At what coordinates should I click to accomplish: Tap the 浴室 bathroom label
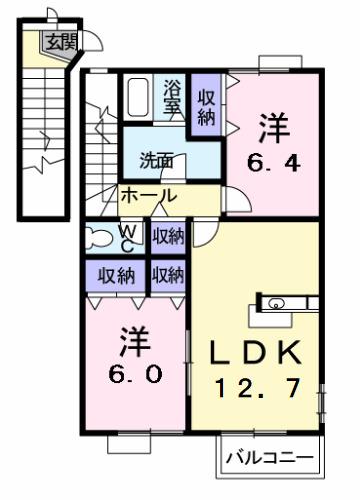point(173,97)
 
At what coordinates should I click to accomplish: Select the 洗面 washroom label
point(155,159)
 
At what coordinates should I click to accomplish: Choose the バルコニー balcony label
point(268,458)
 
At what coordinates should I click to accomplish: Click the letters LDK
point(254,353)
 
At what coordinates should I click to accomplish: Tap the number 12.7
point(254,388)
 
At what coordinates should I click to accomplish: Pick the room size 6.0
point(132,377)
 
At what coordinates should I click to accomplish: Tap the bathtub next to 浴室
point(140,97)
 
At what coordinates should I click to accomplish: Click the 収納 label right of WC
point(168,237)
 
